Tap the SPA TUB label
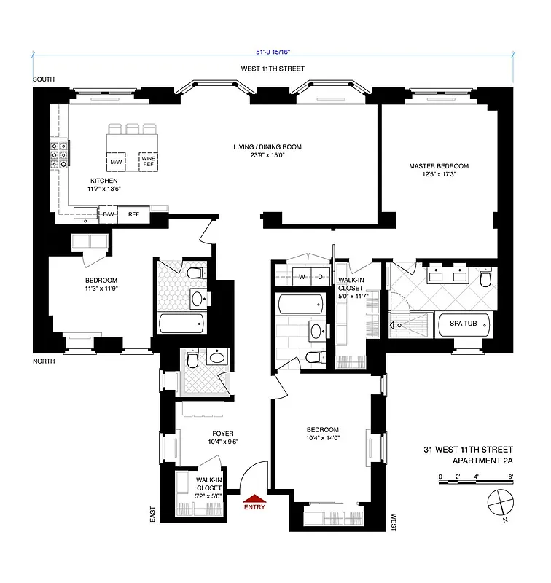[x=462, y=324]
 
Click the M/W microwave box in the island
[x=116, y=161]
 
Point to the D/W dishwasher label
[x=107, y=215]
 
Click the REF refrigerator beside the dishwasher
[x=133, y=215]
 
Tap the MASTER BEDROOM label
[x=438, y=166]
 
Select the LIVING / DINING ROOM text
[x=267, y=147]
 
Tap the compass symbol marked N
[x=499, y=502]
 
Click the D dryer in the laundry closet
[x=321, y=277]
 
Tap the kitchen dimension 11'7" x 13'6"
[x=104, y=189]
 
